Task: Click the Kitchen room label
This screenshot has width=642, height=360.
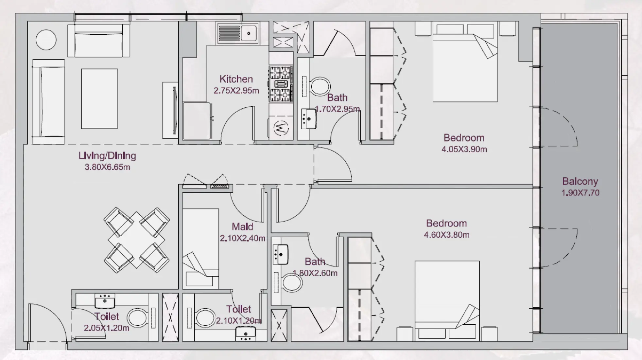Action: (236, 79)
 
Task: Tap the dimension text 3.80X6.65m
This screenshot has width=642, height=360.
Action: (107, 167)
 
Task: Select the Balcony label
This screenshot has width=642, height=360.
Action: (580, 181)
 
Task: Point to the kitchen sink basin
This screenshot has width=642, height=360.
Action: (249, 33)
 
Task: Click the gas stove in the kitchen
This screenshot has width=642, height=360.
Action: (281, 84)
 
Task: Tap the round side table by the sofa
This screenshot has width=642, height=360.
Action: (46, 40)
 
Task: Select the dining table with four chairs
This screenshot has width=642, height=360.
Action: (136, 240)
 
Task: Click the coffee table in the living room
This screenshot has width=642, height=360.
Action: (99, 99)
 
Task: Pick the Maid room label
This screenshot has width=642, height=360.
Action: (242, 226)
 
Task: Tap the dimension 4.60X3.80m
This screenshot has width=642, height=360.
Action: (446, 235)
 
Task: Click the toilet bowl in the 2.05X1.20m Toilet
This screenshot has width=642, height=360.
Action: (137, 318)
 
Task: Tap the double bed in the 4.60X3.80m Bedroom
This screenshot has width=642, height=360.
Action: (447, 298)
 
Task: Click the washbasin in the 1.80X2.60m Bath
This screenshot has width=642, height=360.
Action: (280, 254)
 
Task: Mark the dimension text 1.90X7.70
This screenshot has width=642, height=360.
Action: (580, 193)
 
